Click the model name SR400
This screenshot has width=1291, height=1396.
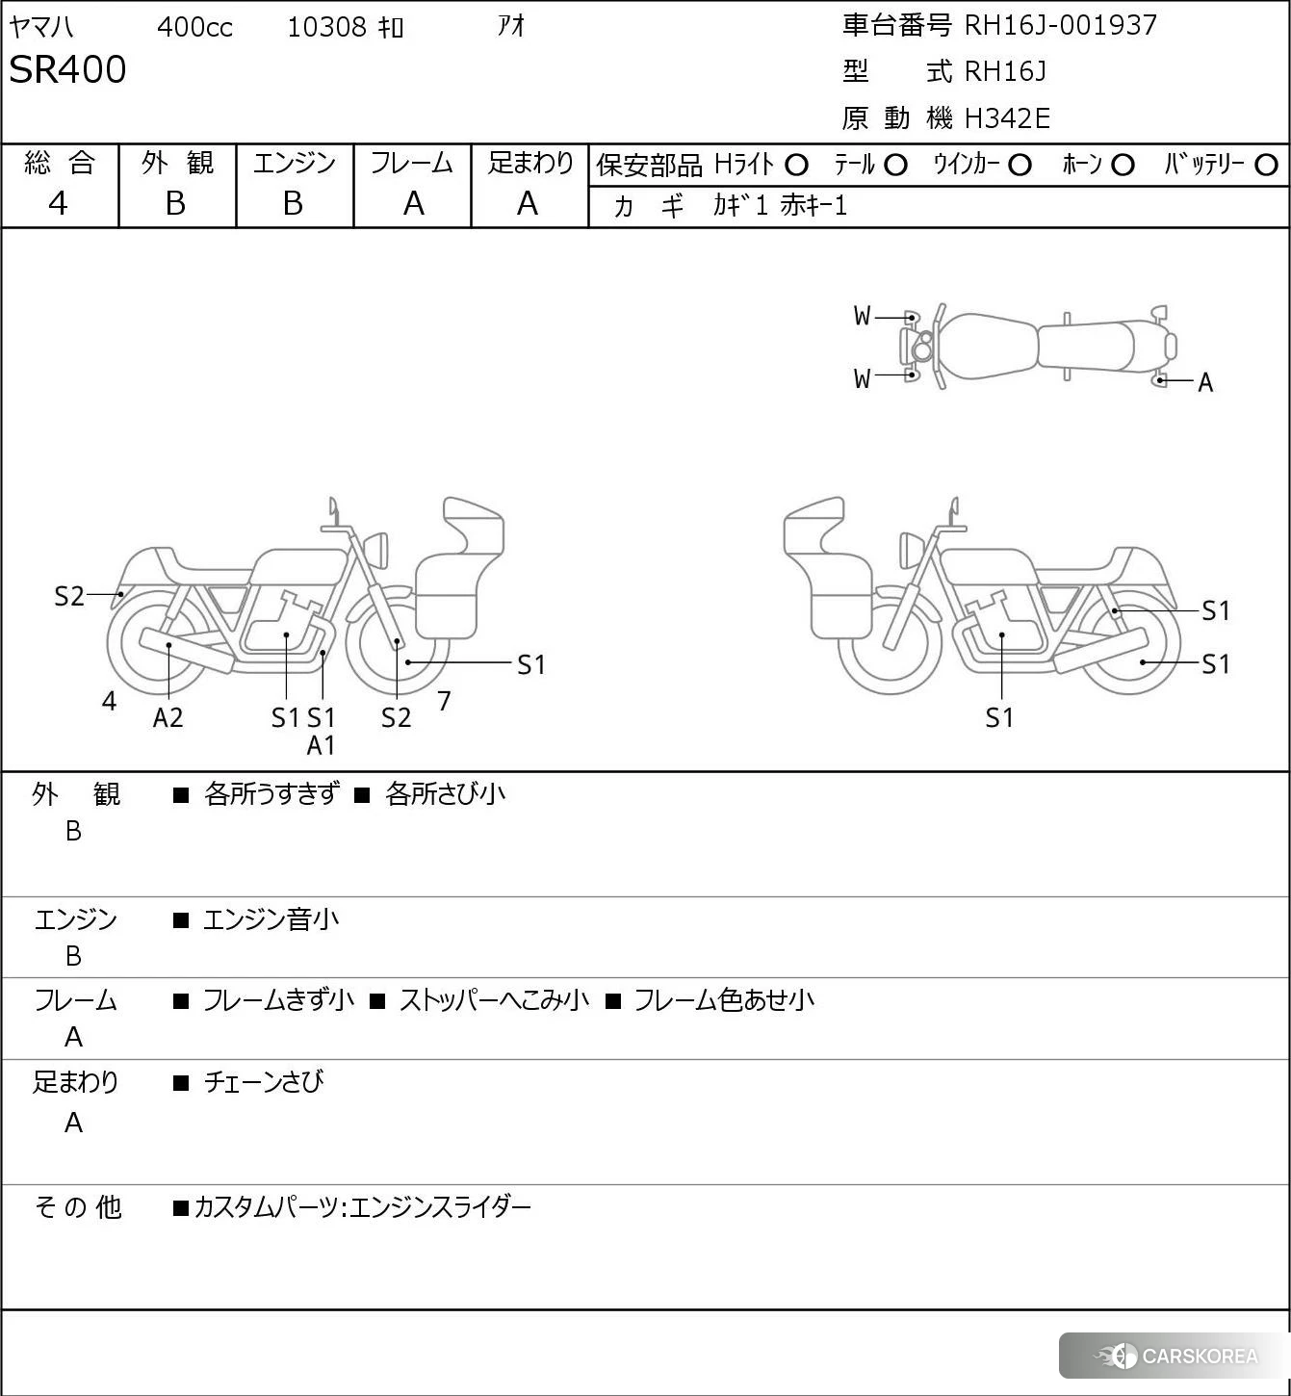(67, 69)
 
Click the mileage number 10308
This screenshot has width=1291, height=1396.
(327, 27)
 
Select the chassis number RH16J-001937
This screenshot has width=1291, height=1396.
(1060, 26)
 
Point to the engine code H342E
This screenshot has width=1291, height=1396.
(1007, 118)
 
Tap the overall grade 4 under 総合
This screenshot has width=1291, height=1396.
(58, 204)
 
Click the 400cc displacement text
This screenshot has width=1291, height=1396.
(194, 27)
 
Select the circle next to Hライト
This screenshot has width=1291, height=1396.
(796, 166)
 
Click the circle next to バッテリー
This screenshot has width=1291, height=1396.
(1266, 166)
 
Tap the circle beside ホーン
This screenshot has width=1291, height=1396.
(1123, 166)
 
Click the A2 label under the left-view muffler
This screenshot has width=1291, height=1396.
(168, 717)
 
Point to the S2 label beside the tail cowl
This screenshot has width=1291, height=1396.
(69, 597)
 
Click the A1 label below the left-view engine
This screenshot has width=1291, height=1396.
(321, 745)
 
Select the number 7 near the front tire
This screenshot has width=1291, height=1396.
(444, 701)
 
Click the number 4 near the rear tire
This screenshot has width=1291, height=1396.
(109, 701)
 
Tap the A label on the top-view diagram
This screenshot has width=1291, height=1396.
(1205, 383)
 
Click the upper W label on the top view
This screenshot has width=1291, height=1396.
(862, 317)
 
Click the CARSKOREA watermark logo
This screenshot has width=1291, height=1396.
(1175, 1356)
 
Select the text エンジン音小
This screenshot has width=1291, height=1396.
(271, 919)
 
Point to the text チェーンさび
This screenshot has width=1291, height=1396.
(264, 1082)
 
